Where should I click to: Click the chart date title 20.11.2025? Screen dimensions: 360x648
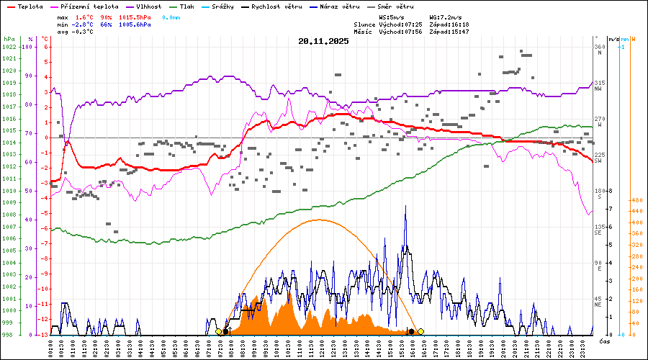pos(323,41)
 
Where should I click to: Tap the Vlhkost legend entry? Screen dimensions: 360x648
pos(150,6)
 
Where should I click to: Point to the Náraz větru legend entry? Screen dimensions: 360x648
pos(351,6)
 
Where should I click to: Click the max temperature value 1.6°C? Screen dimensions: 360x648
pos(84,17)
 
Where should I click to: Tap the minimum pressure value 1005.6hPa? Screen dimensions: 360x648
pos(135,24)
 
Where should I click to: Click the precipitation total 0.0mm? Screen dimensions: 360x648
pos(171,17)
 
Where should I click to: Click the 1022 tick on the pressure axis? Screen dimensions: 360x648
pos(9,47)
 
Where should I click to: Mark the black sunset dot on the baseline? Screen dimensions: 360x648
pos(411,331)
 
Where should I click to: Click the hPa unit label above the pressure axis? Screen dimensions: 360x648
pos(9,38)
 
